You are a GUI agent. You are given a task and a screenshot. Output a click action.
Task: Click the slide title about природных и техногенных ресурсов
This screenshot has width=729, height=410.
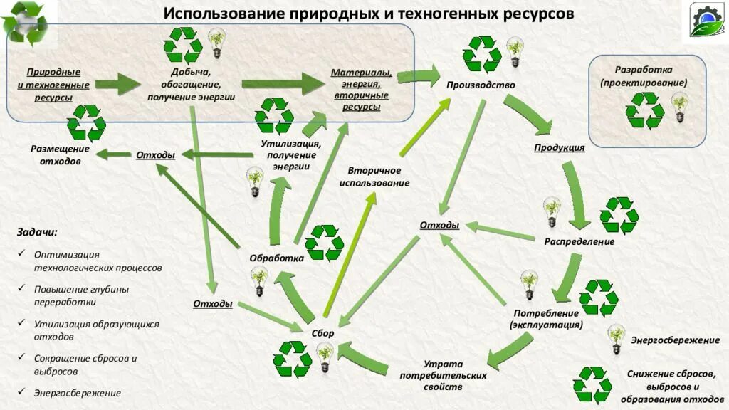point(369,14)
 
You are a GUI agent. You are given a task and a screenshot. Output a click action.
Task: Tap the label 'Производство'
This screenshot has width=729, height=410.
point(481,85)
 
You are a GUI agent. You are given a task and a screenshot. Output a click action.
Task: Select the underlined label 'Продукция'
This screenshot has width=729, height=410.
point(560,148)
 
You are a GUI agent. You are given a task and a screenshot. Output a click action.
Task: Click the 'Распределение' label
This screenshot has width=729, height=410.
point(579,241)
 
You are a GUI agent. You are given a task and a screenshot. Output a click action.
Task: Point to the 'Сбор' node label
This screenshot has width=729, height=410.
point(322,333)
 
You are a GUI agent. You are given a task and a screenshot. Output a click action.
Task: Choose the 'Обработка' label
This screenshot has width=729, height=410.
point(276,258)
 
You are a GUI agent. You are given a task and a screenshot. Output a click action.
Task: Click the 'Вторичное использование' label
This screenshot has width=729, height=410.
point(374,177)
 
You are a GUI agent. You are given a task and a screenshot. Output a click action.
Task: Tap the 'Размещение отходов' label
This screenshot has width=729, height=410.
point(60,155)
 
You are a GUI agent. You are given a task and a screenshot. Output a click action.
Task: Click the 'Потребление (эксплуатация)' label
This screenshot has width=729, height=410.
point(546,319)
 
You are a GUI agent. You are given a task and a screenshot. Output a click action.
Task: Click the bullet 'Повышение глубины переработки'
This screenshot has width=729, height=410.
point(81,295)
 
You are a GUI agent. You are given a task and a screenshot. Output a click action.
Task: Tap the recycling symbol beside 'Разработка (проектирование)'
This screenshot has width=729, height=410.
point(644,111)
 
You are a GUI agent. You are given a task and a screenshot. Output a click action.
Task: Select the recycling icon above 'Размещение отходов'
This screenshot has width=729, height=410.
point(86,123)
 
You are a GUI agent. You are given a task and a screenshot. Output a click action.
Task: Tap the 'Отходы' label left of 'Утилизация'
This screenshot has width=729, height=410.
point(155,155)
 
